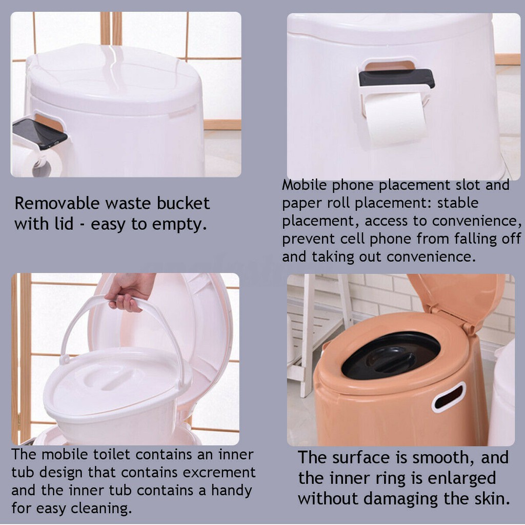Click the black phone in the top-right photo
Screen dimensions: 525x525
coord(397,78)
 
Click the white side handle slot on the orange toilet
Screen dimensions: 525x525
coord(449,397)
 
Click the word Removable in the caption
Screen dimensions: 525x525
coord(57,203)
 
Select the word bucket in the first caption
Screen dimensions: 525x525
coord(184,203)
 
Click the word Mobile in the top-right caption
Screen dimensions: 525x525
coord(305,185)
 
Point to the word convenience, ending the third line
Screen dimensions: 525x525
coord(477,221)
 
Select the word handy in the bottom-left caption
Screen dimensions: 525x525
coord(232,491)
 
